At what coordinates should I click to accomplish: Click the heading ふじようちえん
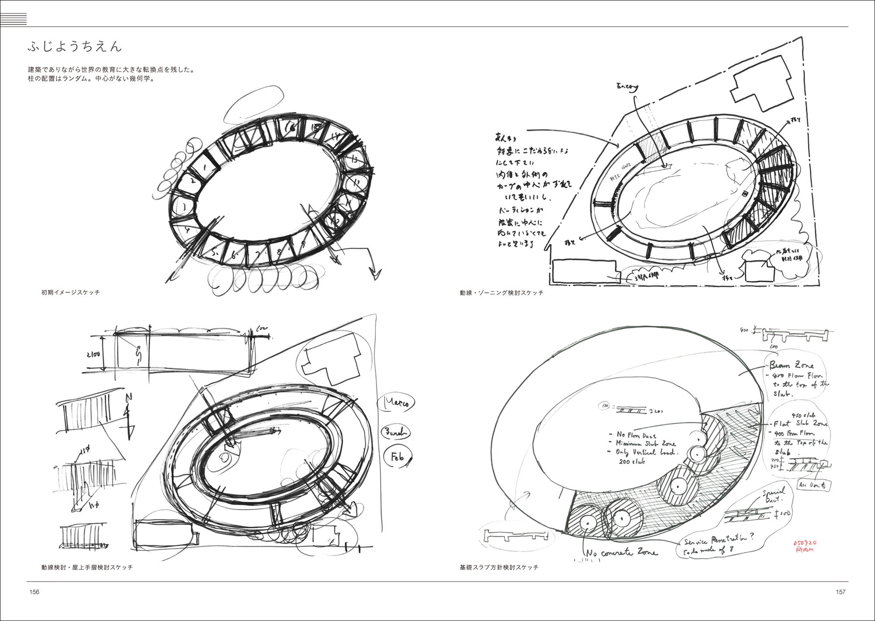pos(75,46)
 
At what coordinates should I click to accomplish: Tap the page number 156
pos(34,592)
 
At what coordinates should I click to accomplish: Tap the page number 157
pos(840,592)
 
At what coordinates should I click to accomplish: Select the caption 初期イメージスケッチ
pos(70,292)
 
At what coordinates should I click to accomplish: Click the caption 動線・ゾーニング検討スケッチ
pos(501,293)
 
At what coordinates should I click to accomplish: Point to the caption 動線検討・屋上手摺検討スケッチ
pos(87,567)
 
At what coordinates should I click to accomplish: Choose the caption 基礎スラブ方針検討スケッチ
pos(499,567)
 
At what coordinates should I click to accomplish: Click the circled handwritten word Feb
pos(397,457)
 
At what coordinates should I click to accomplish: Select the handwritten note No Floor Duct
pos(637,435)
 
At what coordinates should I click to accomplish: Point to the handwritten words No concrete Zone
pos(621,553)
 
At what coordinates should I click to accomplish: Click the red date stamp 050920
pos(805,543)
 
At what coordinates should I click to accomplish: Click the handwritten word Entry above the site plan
pos(627,87)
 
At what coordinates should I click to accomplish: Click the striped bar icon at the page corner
pos(14,19)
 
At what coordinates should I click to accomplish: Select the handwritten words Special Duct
pos(774,495)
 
